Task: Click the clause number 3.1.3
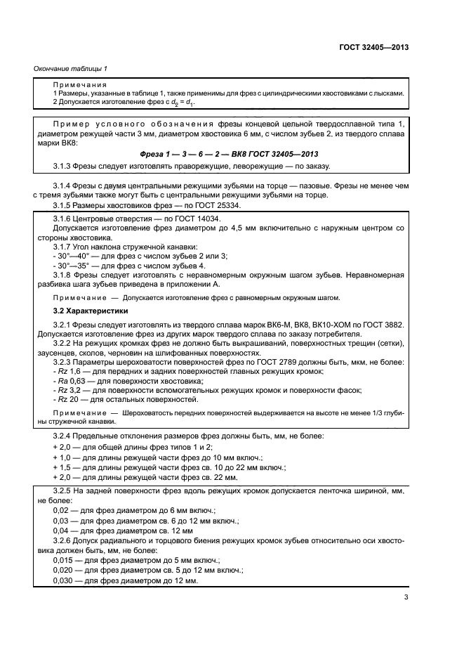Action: pos(65,166)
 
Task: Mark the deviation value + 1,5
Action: pos(63,467)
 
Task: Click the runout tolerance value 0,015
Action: pos(64,561)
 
